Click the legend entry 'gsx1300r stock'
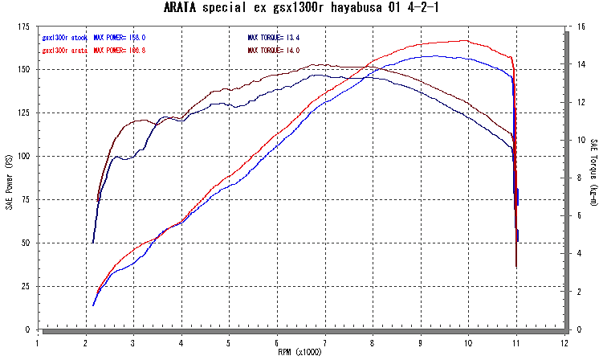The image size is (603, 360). (x=64, y=37)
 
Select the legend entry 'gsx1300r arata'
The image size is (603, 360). (x=64, y=50)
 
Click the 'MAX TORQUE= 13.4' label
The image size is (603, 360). (x=274, y=37)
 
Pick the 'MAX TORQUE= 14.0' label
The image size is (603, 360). (x=274, y=50)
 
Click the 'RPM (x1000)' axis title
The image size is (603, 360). (x=300, y=352)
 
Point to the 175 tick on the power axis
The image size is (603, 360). (x=26, y=27)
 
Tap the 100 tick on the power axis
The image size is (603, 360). (x=26, y=156)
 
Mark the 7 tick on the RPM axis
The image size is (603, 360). (x=325, y=341)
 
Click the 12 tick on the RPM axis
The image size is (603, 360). (x=564, y=341)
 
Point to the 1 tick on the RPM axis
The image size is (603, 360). (x=38, y=341)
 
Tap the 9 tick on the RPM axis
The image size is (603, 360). (x=421, y=341)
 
